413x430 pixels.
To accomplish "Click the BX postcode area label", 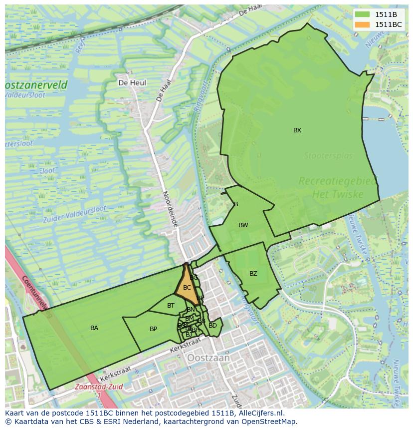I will click(297, 130).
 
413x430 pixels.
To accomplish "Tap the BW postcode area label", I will click(243, 225).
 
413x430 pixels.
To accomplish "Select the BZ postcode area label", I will click(253, 274).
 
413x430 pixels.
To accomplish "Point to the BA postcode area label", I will click(94, 328).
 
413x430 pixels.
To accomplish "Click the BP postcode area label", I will click(153, 329).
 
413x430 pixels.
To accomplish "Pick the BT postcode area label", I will click(171, 306).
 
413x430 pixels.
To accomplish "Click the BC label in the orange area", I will click(187, 288).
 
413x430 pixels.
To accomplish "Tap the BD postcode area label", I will click(212, 326).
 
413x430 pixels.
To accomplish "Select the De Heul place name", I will click(132, 82).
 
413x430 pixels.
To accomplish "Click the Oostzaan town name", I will click(208, 358).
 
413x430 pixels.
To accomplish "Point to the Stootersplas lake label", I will click(328, 156).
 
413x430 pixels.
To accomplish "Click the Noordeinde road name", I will click(170, 209).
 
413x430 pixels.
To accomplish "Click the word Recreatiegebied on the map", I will click(338, 181).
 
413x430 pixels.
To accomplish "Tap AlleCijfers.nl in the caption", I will click(259, 413).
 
